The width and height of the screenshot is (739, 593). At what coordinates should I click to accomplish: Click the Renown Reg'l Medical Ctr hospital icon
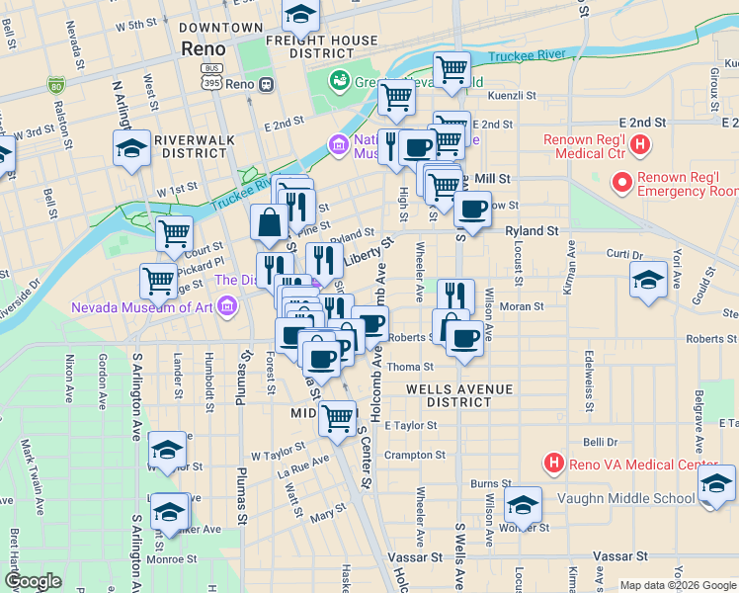pos(640,146)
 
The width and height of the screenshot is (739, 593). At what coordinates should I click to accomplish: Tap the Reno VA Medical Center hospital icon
pos(554,463)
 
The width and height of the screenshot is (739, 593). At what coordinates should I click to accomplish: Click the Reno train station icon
pos(267,85)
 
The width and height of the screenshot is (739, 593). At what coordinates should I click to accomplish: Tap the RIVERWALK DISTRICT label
pos(194,146)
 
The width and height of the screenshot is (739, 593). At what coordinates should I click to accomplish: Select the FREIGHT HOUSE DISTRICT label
pos(322,46)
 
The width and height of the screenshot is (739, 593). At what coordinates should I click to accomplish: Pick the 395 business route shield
pos(209,76)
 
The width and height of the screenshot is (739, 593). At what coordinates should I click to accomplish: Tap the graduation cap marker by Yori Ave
pos(648,279)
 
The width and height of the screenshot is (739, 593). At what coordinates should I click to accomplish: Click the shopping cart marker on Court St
pos(174,232)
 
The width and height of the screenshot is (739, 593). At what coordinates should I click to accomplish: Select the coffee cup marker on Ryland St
pos(472,209)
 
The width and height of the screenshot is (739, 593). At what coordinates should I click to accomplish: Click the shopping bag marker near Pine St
pos(269,222)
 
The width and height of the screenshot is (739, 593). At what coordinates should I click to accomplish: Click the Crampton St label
pos(415,456)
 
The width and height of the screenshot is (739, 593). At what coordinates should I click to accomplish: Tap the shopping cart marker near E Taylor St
pos(337,418)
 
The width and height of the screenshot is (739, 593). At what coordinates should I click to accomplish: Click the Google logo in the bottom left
pos(33,580)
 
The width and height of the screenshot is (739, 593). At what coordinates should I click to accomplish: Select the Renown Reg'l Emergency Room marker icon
pos(622,183)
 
